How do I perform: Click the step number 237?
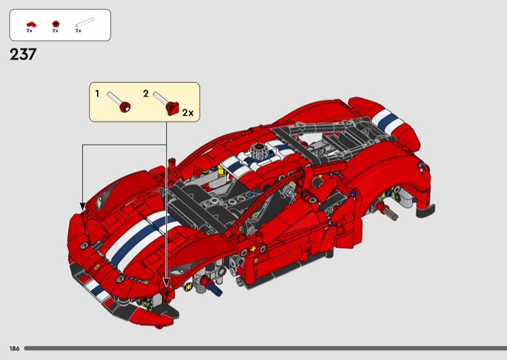click(x=23, y=55)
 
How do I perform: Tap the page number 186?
click(x=14, y=349)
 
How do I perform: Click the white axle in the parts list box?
click(x=85, y=22)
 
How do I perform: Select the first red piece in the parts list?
click(x=31, y=24)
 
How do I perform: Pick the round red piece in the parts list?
click(x=56, y=23)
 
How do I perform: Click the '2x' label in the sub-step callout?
click(x=188, y=113)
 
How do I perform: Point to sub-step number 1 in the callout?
click(x=97, y=94)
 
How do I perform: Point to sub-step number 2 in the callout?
click(x=146, y=94)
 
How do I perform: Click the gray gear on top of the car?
click(x=259, y=151)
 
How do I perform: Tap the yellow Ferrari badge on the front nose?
click(x=96, y=267)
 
